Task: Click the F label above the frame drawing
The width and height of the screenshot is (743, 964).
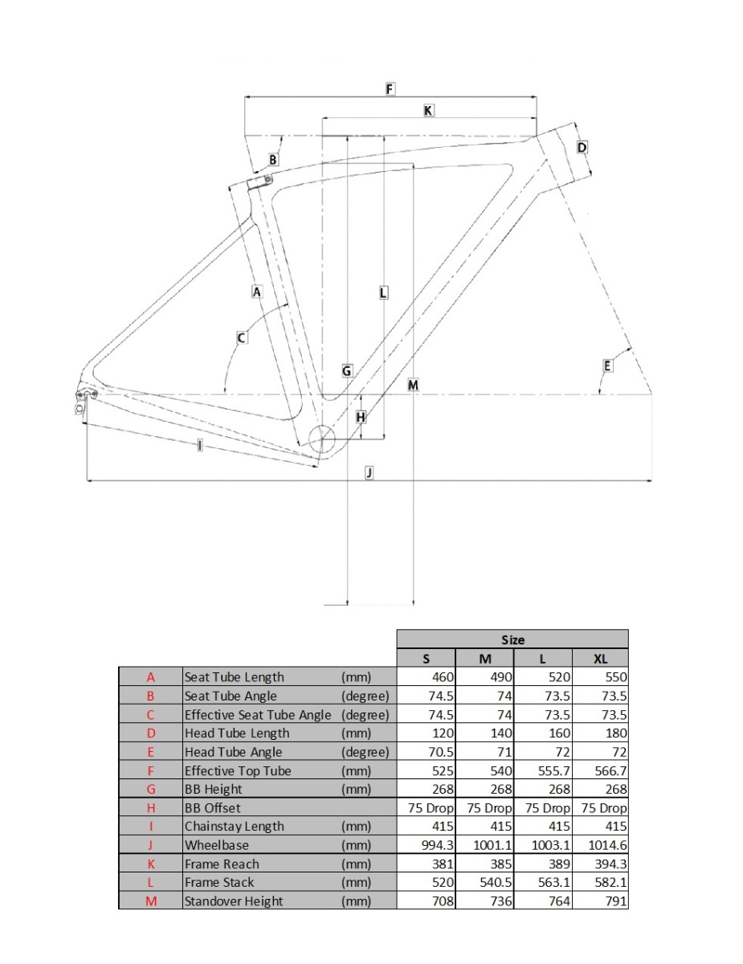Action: (x=390, y=89)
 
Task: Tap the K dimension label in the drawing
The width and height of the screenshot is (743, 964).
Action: (x=429, y=111)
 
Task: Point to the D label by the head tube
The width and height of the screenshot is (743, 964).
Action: (x=582, y=148)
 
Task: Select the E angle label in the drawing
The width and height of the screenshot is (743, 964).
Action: (x=607, y=366)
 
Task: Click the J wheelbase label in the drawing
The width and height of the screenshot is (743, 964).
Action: (x=369, y=472)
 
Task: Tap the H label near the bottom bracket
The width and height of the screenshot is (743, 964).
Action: (x=361, y=417)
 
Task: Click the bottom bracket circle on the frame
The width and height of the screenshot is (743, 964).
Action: (x=324, y=439)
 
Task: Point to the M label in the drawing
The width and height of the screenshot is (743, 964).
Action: (x=413, y=386)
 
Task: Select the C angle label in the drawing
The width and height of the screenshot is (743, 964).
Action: (x=241, y=338)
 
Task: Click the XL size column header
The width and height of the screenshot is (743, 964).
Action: (x=600, y=659)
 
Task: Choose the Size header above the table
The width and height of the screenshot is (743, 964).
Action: (x=512, y=639)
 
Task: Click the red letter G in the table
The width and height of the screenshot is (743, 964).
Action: (x=150, y=790)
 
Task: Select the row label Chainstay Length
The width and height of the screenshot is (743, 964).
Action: (x=235, y=826)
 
